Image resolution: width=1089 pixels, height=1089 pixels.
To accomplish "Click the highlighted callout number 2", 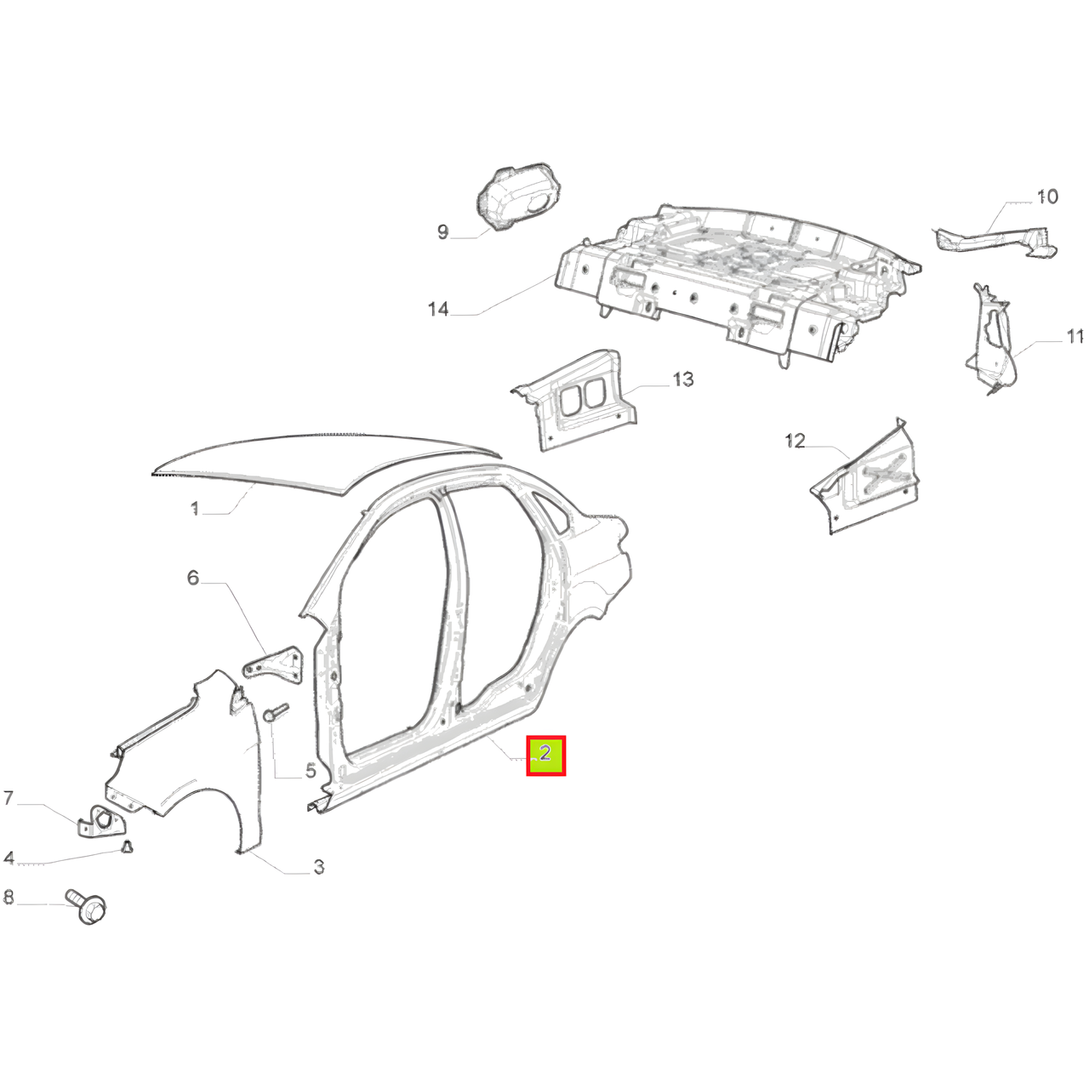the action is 545,755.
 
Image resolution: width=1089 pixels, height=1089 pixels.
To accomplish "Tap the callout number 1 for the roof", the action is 195,509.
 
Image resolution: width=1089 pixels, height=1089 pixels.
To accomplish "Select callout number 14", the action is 438,309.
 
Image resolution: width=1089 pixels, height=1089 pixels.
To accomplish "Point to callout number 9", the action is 442,231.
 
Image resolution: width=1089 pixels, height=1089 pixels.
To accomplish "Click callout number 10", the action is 1046,197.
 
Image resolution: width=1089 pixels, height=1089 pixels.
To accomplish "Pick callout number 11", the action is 1075,337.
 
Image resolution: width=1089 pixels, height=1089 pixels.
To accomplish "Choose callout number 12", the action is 795,441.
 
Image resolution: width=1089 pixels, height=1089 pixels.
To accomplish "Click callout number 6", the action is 193,578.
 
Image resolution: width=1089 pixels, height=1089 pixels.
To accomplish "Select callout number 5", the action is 311,770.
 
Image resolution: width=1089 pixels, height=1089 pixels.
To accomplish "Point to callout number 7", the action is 8,799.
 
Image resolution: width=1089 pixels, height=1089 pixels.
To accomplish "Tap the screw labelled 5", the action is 276,711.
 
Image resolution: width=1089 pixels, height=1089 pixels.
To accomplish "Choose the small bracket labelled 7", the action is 102,820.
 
